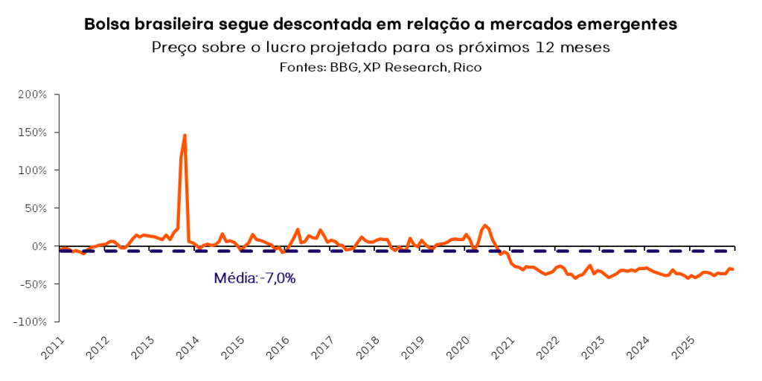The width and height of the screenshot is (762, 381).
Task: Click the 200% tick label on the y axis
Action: click(x=33, y=95)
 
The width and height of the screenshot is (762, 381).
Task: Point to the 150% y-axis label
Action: click(x=33, y=132)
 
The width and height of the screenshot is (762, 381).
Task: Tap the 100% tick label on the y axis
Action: click(x=33, y=170)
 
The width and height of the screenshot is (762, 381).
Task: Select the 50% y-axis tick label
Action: click(x=36, y=208)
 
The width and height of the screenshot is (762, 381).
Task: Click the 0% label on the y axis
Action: click(x=39, y=246)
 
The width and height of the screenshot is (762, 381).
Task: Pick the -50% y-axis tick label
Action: click(x=34, y=284)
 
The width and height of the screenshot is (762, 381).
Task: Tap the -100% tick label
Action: click(x=31, y=322)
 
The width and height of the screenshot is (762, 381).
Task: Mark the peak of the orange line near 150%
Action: click(x=185, y=135)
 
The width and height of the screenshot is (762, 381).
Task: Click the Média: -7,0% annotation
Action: click(x=254, y=278)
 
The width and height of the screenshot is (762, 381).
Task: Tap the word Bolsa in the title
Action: click(x=107, y=24)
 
